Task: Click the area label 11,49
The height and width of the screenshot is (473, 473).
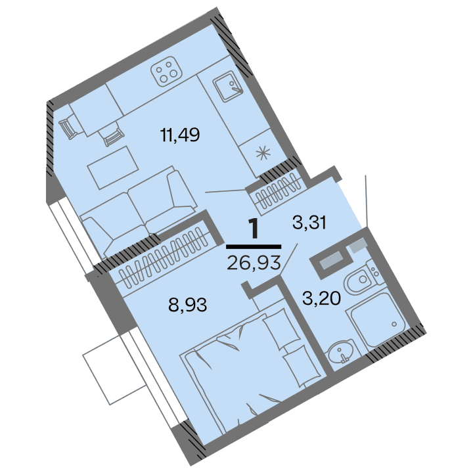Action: click(179, 135)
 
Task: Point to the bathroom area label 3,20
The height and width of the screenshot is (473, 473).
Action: click(321, 300)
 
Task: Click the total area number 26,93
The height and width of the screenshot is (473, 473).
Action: click(254, 263)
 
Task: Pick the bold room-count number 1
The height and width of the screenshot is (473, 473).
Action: click(254, 229)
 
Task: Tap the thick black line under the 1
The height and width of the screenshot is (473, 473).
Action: click(254, 246)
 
